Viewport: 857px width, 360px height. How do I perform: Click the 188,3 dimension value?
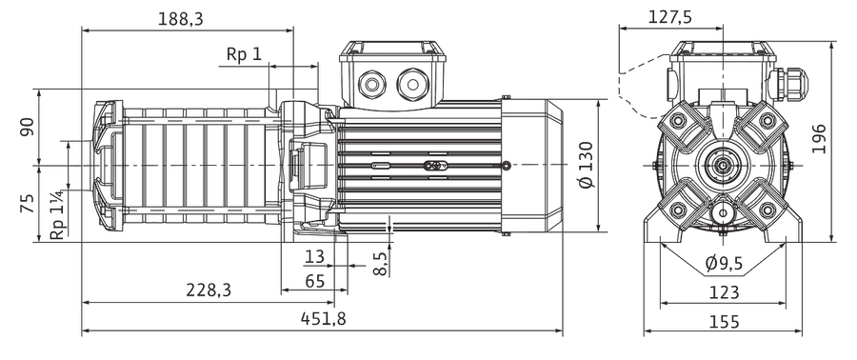180,19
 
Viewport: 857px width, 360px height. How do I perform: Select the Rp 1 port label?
245,54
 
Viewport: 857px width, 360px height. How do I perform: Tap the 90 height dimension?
28,127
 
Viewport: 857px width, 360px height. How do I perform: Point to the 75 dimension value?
28,203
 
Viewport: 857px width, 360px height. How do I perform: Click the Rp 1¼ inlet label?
59,213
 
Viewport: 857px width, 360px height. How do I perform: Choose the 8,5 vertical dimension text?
381,264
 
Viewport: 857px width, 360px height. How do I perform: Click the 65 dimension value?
315,281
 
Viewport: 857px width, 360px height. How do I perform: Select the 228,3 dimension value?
209,290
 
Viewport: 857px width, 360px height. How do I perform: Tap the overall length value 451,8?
323,318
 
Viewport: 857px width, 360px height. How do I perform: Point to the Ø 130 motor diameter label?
585,165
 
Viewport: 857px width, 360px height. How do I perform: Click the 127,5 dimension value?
670,17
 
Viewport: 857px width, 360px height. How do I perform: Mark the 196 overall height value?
818,139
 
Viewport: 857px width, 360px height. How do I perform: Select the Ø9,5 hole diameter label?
724,264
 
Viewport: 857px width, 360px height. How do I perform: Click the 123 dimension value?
724,292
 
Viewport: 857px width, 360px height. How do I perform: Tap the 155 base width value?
724,321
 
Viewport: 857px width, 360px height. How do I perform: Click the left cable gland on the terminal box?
371,84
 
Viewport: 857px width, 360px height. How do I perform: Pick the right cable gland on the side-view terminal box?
412,84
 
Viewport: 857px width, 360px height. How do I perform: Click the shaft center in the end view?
723,165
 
